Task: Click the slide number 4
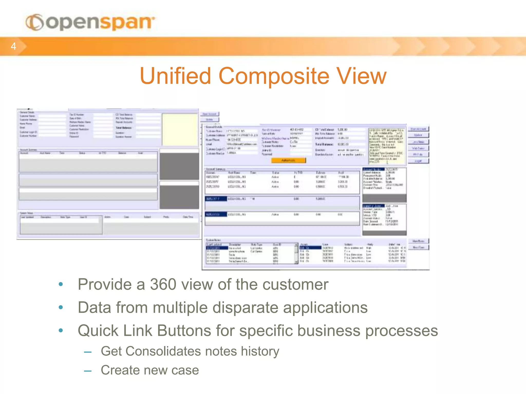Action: [13, 46]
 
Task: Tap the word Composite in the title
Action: [274, 76]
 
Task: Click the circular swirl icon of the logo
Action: [35, 22]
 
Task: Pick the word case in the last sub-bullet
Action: [185, 370]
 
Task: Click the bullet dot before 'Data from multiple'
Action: [61, 307]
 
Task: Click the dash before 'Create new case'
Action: [88, 371]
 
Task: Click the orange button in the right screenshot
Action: [288, 160]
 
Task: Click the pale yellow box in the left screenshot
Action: [180, 130]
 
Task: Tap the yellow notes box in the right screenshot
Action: [387, 146]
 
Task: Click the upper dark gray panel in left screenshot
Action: [179, 166]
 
